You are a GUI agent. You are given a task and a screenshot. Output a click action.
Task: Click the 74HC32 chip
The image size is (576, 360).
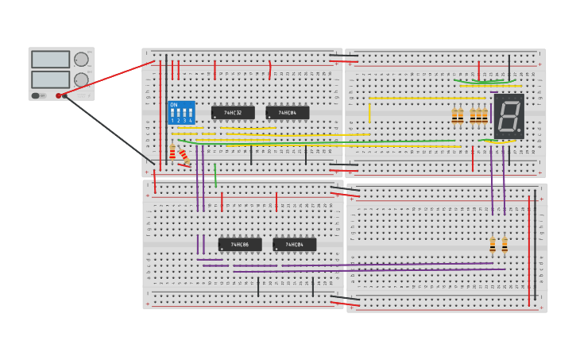(233, 113)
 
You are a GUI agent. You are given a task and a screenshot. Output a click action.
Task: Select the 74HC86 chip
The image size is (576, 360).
(239, 245)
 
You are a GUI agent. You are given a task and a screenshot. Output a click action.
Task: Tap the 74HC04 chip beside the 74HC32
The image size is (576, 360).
(287, 113)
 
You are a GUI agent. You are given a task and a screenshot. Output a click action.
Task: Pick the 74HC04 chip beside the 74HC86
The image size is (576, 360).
(294, 245)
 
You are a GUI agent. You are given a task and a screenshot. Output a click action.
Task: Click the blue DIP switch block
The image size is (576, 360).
(181, 112)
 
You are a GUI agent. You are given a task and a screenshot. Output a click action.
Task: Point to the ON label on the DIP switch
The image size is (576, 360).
(174, 105)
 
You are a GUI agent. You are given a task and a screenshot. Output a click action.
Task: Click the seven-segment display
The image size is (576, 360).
(509, 116)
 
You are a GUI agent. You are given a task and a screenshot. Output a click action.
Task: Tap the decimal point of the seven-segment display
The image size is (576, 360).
(520, 130)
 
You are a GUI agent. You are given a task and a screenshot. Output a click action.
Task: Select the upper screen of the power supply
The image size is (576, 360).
(50, 60)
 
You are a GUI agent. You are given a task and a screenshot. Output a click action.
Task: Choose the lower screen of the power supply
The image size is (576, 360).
(50, 79)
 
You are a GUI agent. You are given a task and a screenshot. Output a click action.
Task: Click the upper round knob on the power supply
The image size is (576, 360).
(81, 60)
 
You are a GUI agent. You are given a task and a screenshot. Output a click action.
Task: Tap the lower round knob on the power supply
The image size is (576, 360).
(81, 79)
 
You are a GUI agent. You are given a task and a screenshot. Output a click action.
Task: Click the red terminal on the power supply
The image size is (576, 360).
(59, 95)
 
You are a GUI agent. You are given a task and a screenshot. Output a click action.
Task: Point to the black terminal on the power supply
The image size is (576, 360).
(65, 95)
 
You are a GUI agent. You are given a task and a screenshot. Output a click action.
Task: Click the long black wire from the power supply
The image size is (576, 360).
(111, 131)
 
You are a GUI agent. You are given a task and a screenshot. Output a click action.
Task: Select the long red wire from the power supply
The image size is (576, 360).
(103, 79)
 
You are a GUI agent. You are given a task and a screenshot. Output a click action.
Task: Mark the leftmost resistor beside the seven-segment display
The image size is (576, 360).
(454, 115)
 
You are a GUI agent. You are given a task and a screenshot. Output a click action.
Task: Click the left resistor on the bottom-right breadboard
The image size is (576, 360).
(493, 244)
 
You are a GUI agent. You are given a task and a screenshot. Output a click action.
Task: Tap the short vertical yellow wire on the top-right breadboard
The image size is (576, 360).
(369, 113)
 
